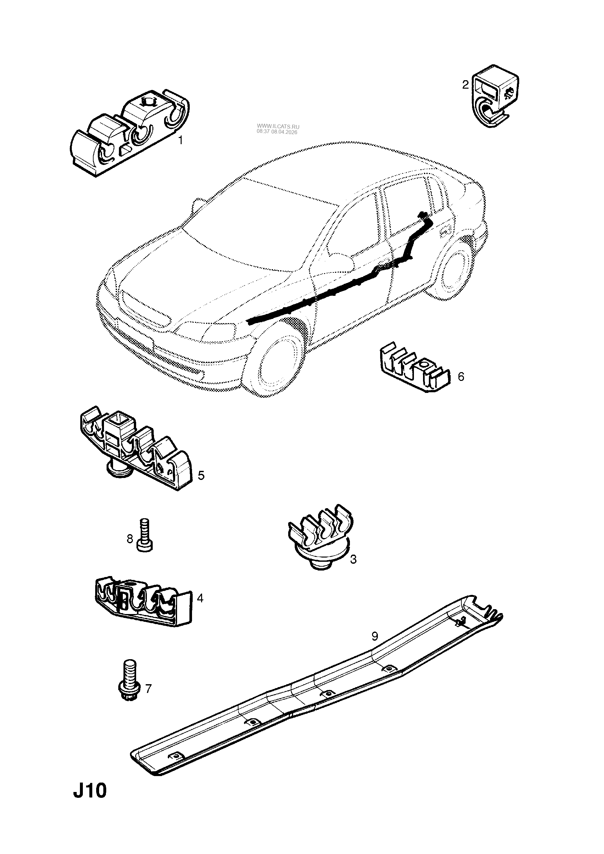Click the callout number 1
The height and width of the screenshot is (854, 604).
coord(181,141)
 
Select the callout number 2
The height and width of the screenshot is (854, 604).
coord(465,85)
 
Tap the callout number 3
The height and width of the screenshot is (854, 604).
coord(353,570)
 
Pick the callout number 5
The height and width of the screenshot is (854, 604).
coord(201,475)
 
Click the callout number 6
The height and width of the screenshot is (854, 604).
coord(461,377)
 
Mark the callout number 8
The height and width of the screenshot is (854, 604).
coord(130,539)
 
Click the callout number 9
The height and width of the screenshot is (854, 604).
coord(375,636)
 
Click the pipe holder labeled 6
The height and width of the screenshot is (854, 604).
coord(415,367)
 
